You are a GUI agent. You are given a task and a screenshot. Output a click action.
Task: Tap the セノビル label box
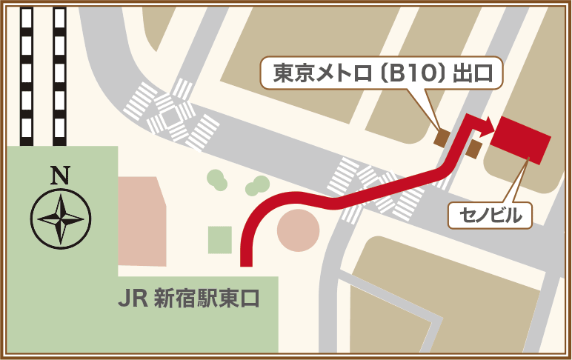pyautogui.click(x=486, y=216)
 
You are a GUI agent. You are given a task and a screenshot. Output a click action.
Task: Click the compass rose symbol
pyautogui.click(x=60, y=218)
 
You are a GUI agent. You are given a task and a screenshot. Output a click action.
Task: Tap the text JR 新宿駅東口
pyautogui.click(x=188, y=299)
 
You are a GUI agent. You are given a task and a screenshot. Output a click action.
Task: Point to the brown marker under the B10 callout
pyautogui.click(x=441, y=136)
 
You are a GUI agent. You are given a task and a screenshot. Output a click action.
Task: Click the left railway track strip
pyautogui.click(x=27, y=74)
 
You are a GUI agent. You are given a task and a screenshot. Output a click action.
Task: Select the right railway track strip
pyautogui.click(x=59, y=74)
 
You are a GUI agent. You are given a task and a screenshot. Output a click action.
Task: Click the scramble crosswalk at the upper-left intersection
pyautogui.click(x=170, y=116)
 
